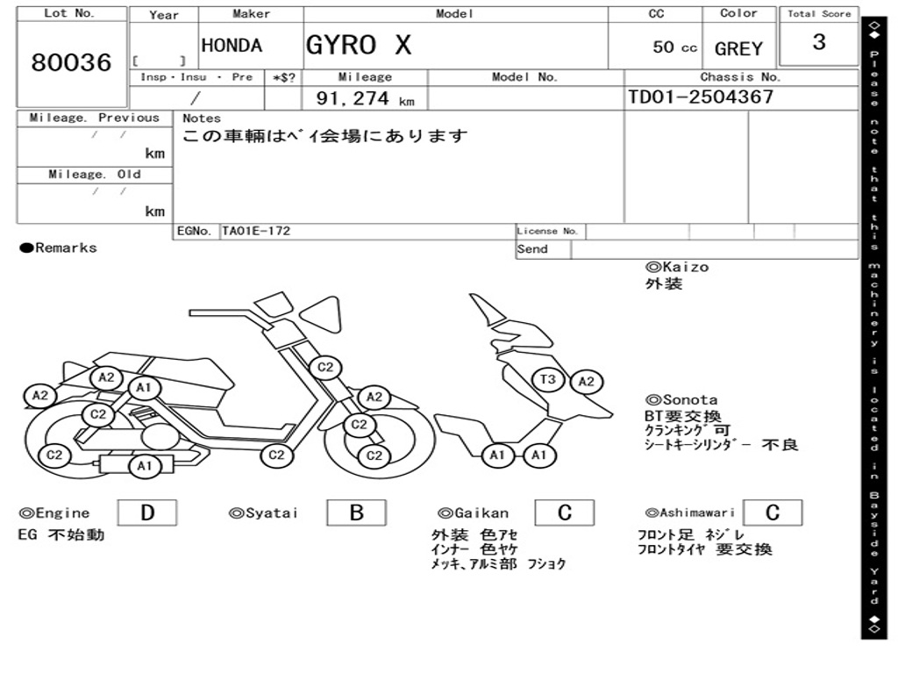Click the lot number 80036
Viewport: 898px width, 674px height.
[x=72, y=63]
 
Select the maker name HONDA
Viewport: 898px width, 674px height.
[x=232, y=46]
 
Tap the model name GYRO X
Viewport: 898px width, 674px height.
[x=358, y=45]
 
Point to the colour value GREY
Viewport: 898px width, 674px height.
[x=738, y=49]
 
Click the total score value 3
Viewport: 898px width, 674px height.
[x=818, y=42]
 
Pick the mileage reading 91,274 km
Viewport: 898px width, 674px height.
[x=365, y=99]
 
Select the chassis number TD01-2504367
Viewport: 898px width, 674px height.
[x=701, y=97]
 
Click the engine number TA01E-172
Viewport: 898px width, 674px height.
[x=256, y=232]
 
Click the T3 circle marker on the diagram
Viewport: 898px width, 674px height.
[x=548, y=380]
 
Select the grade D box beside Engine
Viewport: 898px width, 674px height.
[x=146, y=513]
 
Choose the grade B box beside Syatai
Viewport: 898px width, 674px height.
[x=356, y=513]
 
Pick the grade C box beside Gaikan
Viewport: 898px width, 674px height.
[x=564, y=513]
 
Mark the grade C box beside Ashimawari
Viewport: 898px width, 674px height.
[x=772, y=513]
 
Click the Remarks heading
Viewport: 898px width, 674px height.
[x=59, y=248]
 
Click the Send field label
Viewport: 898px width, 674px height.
[x=532, y=249]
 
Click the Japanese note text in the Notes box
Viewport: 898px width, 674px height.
[x=325, y=136]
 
